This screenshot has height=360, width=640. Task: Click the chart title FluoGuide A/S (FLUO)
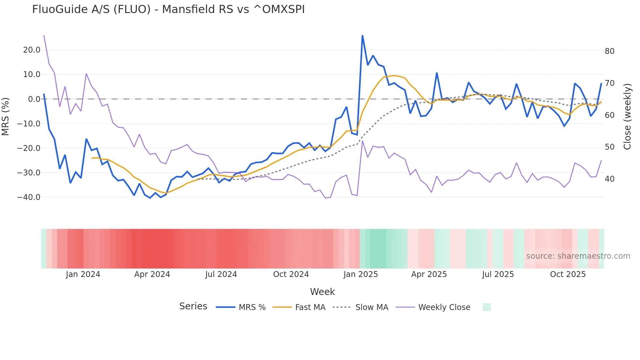tap(168, 9)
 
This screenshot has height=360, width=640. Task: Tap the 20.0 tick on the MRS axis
tap(32, 50)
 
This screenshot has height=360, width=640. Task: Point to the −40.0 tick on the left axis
tap(29, 197)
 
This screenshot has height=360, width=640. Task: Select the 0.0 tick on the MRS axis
tap(34, 99)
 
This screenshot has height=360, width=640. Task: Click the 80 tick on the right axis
tap(609, 51)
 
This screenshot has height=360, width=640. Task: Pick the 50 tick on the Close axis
tap(609, 147)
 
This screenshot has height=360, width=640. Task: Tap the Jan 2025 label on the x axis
tap(360, 274)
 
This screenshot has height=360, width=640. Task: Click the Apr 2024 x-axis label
tap(152, 274)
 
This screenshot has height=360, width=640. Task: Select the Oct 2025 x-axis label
tap(568, 274)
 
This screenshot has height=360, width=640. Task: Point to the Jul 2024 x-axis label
tap(221, 274)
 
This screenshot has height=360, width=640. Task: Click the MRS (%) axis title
tap(6, 117)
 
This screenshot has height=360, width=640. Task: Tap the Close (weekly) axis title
tap(627, 117)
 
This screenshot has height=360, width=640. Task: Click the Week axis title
tap(322, 292)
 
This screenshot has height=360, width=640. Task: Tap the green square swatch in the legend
tap(487, 307)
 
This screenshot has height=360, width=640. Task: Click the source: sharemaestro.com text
tap(578, 256)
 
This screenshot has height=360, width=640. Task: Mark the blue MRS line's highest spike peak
tap(362, 35)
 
